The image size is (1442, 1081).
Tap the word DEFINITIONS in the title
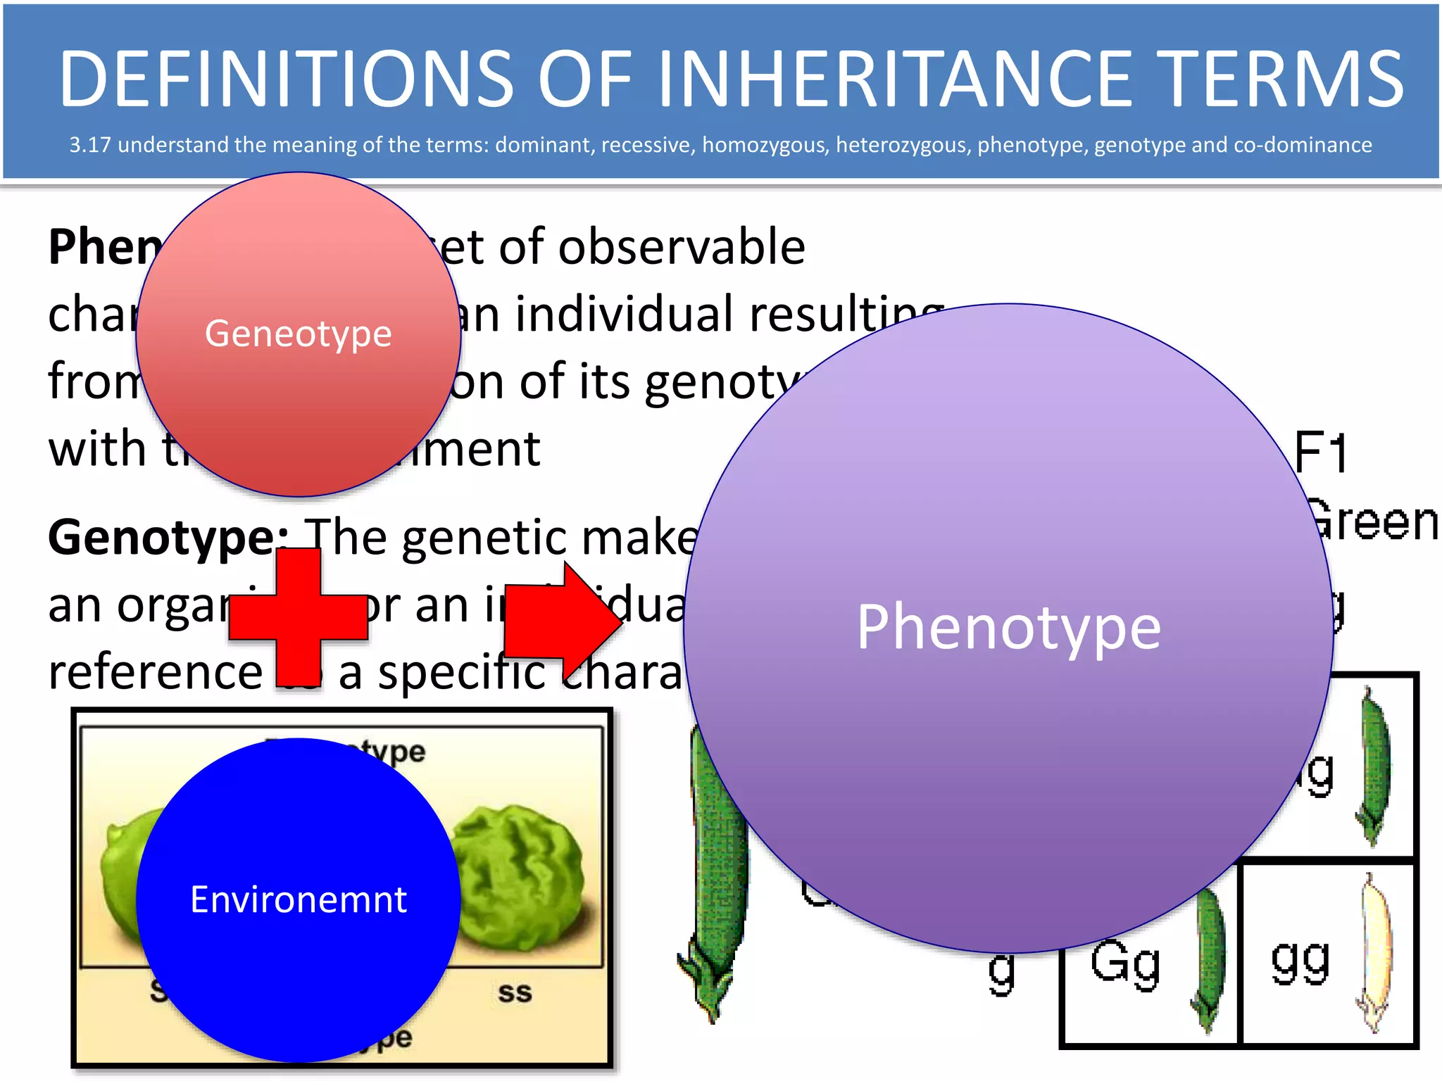click(x=286, y=79)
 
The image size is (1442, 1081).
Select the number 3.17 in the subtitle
click(x=89, y=145)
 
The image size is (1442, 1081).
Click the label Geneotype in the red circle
click(x=298, y=334)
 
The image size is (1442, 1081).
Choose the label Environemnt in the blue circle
click(x=299, y=899)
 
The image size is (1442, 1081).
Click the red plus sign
click(x=299, y=618)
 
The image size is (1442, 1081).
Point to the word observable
click(x=682, y=248)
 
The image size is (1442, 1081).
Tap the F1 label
click(x=1320, y=452)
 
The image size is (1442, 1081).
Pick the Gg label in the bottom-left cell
click(x=1125, y=963)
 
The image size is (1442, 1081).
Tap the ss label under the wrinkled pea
click(x=515, y=992)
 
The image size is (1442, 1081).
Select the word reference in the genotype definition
click(x=155, y=673)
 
